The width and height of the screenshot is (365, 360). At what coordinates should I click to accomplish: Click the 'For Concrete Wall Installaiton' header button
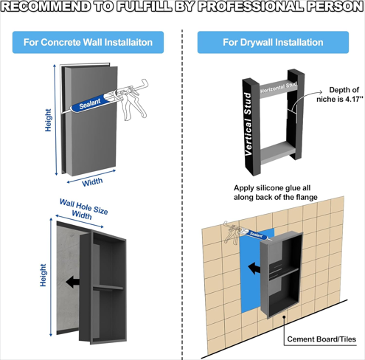click(x=88, y=42)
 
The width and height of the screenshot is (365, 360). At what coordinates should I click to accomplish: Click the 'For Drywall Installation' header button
click(x=273, y=42)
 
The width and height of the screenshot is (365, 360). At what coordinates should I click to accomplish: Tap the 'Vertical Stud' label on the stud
click(x=248, y=124)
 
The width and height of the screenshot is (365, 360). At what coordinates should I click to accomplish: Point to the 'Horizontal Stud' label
click(x=279, y=88)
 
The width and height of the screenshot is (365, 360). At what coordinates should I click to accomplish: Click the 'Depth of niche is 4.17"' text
click(x=340, y=94)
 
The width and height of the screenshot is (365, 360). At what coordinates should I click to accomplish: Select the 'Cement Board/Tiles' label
click(x=321, y=339)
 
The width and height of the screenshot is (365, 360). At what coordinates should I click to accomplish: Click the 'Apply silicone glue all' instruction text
click(x=272, y=188)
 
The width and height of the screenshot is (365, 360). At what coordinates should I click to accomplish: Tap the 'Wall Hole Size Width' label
click(x=83, y=210)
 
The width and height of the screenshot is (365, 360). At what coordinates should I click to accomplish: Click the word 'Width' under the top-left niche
click(x=92, y=182)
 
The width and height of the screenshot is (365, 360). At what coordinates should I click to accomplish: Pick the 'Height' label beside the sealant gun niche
click(x=48, y=120)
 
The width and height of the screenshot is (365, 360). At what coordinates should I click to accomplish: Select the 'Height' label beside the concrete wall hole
click(x=43, y=275)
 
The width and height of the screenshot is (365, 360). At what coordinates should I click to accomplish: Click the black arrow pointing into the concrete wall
click(x=72, y=282)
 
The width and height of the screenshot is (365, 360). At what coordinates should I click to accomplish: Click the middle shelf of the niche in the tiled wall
click(x=284, y=272)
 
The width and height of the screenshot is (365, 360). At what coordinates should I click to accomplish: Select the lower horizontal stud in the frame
click(x=277, y=152)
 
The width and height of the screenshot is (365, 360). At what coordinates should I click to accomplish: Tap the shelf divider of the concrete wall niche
click(x=108, y=288)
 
